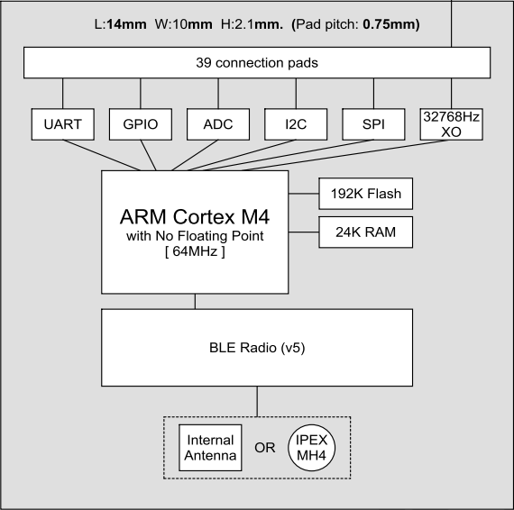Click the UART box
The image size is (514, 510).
point(62,124)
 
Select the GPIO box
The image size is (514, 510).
point(141,124)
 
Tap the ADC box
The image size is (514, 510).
point(218,124)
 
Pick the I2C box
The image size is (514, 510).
point(296,124)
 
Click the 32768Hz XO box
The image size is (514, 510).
point(452,124)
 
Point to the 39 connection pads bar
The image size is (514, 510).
point(257,63)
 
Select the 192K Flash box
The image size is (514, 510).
point(365,192)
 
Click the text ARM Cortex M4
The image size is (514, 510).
point(194,217)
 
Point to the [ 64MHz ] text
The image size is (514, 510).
point(194,251)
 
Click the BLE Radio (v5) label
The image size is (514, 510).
point(257,347)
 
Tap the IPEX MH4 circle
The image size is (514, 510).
point(311,448)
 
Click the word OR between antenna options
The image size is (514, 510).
point(264,448)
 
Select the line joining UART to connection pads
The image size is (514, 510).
point(62,94)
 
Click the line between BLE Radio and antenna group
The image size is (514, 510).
point(257,401)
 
